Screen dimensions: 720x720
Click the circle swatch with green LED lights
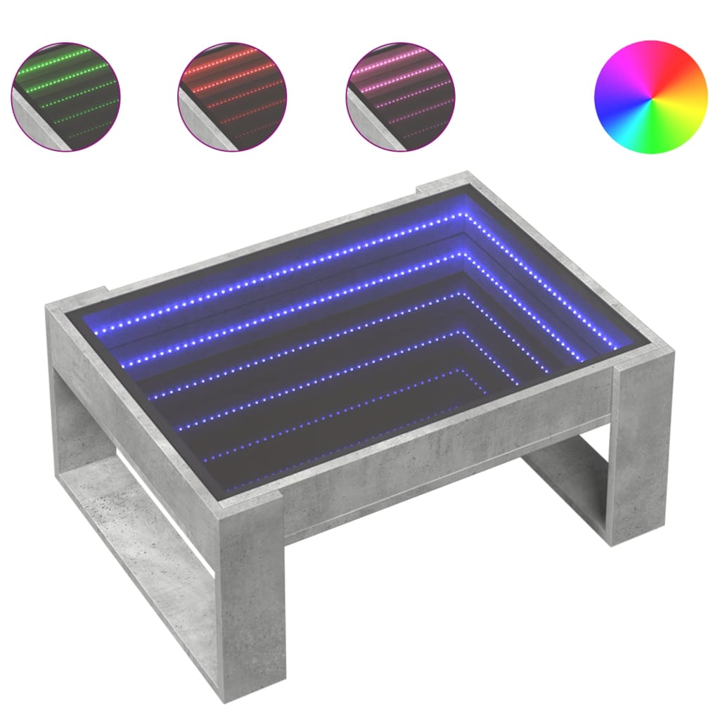65,96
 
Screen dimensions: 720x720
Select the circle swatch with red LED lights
232,96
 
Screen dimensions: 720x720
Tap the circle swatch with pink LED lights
401,96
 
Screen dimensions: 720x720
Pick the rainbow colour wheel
651,96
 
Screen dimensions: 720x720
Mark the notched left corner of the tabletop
77,299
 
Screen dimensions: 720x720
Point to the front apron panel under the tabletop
436,457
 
